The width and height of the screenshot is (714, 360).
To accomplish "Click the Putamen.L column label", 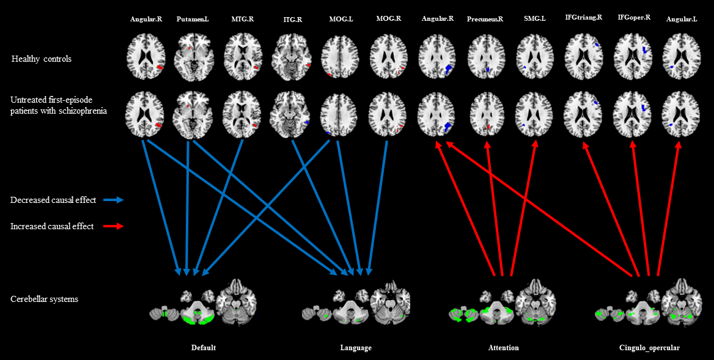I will [192, 20].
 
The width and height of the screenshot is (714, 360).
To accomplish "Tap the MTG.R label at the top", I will [242, 20].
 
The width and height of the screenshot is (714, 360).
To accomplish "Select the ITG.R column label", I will [292, 20].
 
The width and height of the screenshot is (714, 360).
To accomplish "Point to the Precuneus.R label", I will [485, 19].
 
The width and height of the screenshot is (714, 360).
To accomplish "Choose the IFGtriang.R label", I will [583, 18].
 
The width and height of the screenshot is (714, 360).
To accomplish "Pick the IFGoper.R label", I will [634, 18].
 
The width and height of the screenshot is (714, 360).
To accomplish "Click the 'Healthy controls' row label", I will [41, 59].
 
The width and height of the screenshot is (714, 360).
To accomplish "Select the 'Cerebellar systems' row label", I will [44, 299].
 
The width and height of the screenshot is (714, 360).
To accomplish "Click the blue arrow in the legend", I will [113, 200].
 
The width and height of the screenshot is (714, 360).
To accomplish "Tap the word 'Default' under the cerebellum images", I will [203, 348].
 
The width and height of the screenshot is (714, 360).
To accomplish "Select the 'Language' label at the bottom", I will [356, 348].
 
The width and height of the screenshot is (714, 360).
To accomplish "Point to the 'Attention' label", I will [503, 348].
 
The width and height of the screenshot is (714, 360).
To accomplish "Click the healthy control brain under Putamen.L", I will [193, 57].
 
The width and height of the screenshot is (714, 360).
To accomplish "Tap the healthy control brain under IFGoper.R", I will [633, 57].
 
